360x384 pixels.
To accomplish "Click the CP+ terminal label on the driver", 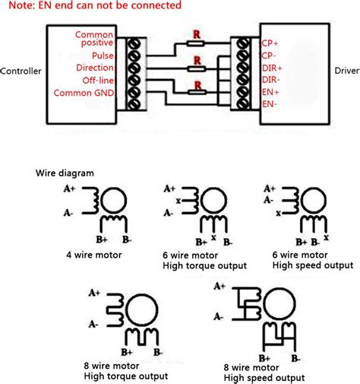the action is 270,43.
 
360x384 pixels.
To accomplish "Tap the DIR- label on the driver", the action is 271,80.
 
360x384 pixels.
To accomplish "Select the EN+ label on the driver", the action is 270,92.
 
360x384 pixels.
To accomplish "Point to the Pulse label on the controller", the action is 103,56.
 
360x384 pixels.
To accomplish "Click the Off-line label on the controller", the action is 98,81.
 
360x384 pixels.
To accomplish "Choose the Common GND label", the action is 84,93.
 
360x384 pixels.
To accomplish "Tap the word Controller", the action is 21,71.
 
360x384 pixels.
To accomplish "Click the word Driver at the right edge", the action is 347,71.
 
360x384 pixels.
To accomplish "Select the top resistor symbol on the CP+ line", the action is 195,43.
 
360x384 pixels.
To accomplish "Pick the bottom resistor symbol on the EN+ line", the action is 197,92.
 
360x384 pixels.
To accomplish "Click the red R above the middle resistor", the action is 197,61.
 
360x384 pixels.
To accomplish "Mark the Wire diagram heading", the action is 65,173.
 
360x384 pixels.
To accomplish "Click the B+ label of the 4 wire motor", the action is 102,240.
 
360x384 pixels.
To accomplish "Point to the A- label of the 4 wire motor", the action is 68,213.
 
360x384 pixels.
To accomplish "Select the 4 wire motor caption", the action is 94,255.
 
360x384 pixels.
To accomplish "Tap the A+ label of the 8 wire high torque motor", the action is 94,293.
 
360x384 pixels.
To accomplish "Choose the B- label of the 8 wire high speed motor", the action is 295,358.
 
